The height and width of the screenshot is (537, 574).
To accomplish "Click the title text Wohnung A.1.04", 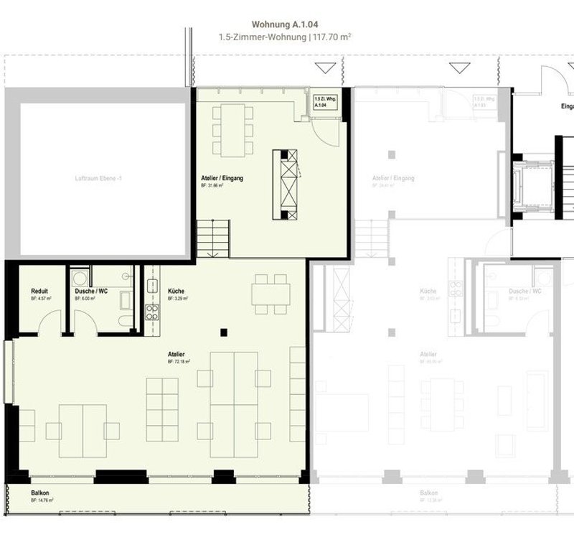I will pyautogui.click(x=286, y=24).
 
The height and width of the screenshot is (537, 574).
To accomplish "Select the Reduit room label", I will pyautogui.click(x=39, y=291).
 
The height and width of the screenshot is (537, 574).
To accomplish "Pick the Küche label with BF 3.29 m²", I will pyautogui.click(x=176, y=291).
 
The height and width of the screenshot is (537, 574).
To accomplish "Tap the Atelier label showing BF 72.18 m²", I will pyautogui.click(x=177, y=355).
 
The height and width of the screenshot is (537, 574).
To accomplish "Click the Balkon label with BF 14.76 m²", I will pyautogui.click(x=40, y=494).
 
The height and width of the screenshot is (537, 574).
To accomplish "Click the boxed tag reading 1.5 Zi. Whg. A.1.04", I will pyautogui.click(x=321, y=101).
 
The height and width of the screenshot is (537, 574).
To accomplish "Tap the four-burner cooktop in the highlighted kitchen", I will pyautogui.click(x=152, y=312).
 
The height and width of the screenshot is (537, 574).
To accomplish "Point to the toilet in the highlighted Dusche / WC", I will pyautogui.click(x=126, y=321).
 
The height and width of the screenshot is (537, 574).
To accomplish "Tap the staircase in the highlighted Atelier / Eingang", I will pyautogui.click(x=213, y=238).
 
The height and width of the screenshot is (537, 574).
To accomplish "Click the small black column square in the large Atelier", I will pyautogui.click(x=225, y=332).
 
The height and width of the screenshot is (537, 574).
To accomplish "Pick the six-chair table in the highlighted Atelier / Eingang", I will pyautogui.click(x=232, y=130).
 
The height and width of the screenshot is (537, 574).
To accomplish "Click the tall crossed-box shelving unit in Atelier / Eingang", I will pyautogui.click(x=288, y=184).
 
